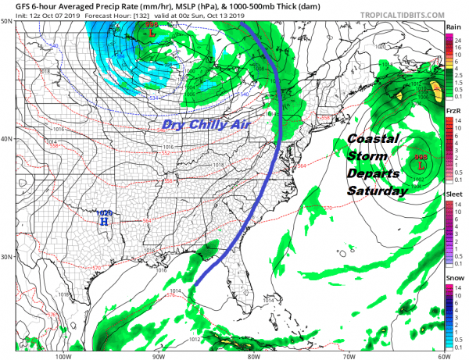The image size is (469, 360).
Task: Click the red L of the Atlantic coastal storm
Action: tap(422, 166)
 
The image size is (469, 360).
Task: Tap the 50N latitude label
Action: tap(7, 21)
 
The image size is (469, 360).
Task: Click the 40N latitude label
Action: tap(7, 138)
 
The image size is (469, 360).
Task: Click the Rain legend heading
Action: tap(453, 27)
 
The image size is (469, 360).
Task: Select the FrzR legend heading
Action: tap(453, 112)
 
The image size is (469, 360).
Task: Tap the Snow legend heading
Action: tap(453, 276)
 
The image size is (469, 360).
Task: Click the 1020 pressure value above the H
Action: tap(102, 212)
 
